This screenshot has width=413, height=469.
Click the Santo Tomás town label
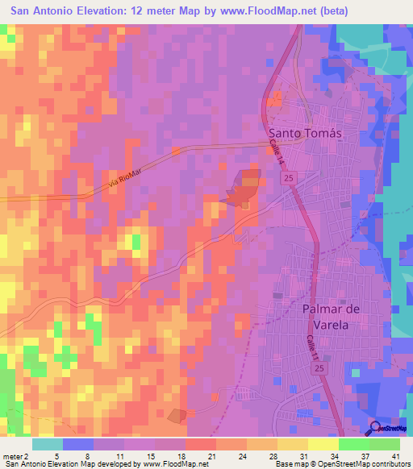point(305,134)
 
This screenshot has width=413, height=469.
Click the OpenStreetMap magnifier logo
point(377,429)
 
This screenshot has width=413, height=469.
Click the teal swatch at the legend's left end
point(48,444)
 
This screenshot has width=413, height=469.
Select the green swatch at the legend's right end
point(385,444)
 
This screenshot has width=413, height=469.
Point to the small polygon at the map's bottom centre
point(176,415)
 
